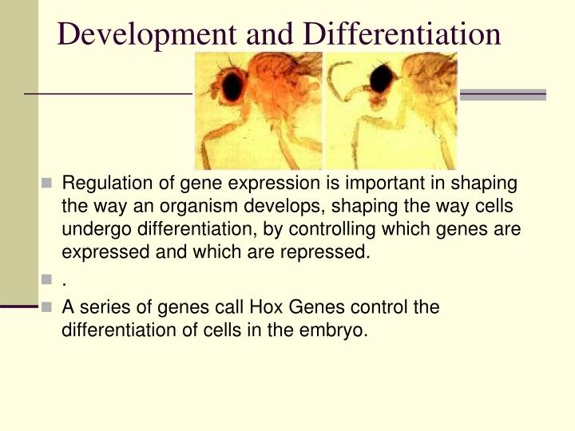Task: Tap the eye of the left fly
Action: pos(233,86)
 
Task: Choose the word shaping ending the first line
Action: pos(486,184)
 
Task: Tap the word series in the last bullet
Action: pos(100,307)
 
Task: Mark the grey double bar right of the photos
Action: pos(502,94)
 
